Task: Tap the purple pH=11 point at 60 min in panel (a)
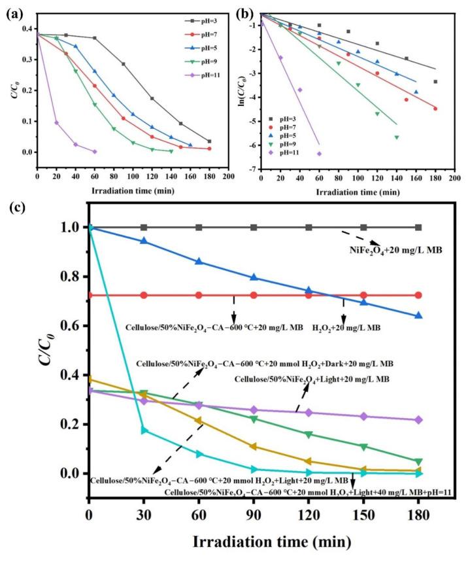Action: pos(95,151)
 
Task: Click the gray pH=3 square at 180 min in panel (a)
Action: pos(209,141)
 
